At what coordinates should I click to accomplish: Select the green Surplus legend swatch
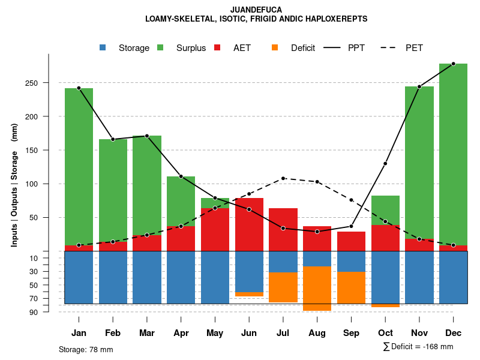click(x=160, y=48)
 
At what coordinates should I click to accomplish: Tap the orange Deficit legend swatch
click(x=275, y=48)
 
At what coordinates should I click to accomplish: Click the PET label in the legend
click(x=415, y=48)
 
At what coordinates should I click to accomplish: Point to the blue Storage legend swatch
click(x=103, y=48)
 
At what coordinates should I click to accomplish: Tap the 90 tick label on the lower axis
click(x=34, y=312)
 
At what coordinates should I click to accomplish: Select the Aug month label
click(x=317, y=333)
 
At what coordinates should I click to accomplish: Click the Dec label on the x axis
click(x=453, y=333)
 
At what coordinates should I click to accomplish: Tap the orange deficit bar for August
click(x=317, y=288)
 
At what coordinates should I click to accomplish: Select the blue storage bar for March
click(x=147, y=277)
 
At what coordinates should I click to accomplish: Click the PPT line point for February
click(x=113, y=139)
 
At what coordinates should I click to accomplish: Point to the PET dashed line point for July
click(x=283, y=178)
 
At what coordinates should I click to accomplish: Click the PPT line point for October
click(x=385, y=164)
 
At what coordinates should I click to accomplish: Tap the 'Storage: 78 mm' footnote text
click(x=86, y=349)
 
